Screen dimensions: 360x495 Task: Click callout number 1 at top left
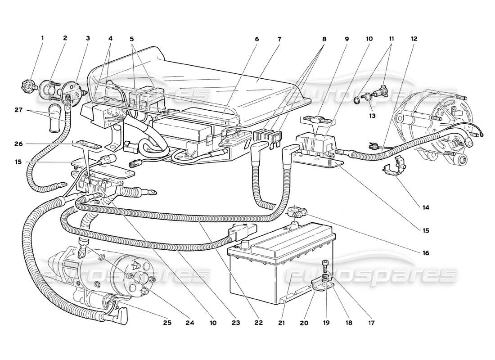[43, 39]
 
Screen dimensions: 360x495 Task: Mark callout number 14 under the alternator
[426, 208]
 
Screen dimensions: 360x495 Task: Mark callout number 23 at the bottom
[236, 323]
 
